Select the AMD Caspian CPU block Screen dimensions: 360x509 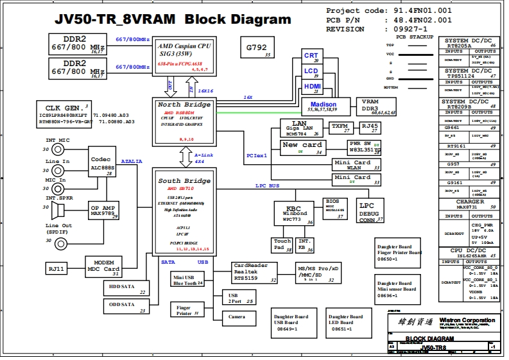click(x=185, y=55)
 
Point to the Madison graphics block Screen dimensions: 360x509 click(x=323, y=107)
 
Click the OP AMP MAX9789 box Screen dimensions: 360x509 click(x=103, y=210)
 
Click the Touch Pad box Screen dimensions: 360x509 click(x=282, y=244)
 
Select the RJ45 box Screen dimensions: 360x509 click(x=369, y=127)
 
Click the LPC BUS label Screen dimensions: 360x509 click(x=268, y=186)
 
